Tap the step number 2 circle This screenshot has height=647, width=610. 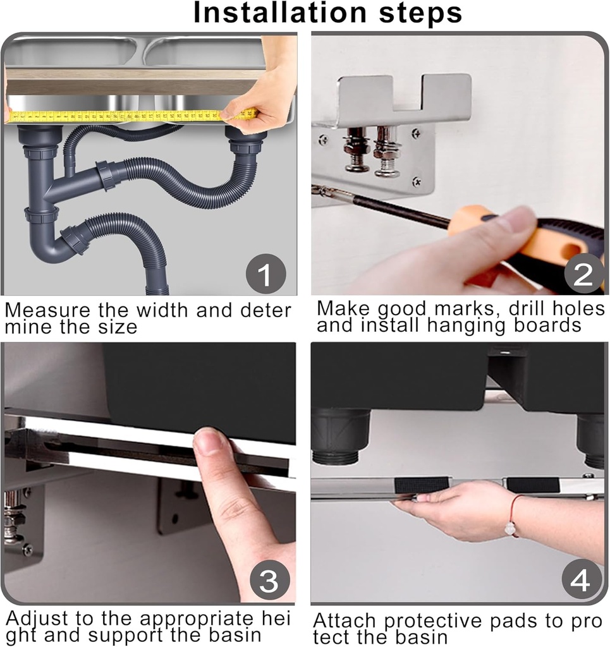pos(582,275)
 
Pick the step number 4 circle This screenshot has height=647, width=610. pos(580,581)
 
